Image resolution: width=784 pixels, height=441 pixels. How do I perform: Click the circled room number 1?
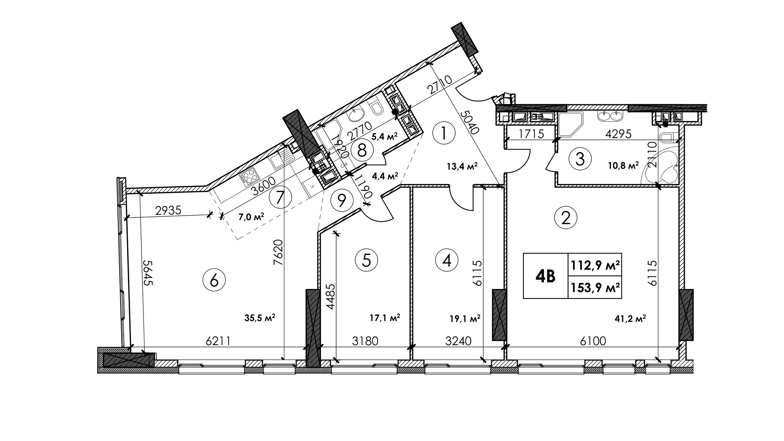[x=444, y=134]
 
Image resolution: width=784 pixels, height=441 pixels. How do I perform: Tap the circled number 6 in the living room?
[x=214, y=280]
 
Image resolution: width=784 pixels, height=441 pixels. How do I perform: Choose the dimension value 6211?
[x=218, y=341]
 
